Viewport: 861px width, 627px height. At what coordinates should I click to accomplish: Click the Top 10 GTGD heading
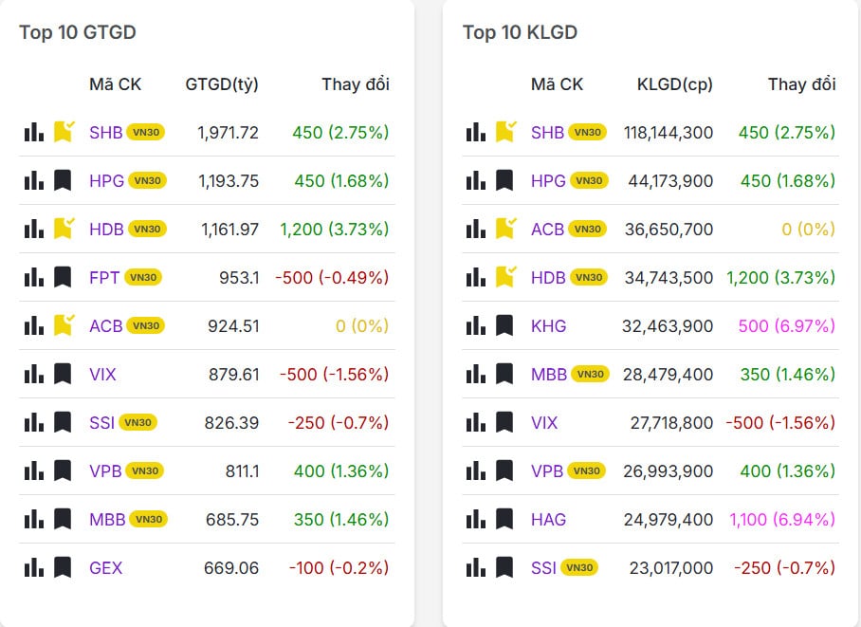[x=78, y=32]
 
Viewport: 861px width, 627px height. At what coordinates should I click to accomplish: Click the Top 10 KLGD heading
[x=520, y=32]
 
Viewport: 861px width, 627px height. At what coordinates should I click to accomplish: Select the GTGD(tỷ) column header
[x=222, y=84]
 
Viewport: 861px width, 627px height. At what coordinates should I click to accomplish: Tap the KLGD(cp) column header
[x=675, y=84]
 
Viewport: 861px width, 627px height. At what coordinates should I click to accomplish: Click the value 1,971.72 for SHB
[x=228, y=133]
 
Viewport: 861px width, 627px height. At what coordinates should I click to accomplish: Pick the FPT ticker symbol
[x=104, y=278]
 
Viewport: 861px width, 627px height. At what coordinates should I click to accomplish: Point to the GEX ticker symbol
[x=106, y=568]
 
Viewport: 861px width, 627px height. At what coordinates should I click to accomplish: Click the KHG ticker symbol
[x=548, y=326]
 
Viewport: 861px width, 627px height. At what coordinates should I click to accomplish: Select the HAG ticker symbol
[x=548, y=520]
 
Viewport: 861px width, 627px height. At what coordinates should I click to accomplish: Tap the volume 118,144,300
[x=669, y=133]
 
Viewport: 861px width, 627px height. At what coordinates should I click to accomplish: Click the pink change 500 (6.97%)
[x=786, y=326]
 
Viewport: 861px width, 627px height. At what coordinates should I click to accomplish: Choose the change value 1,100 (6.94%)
[x=782, y=520]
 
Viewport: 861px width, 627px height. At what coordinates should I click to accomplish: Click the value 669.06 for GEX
[x=231, y=568]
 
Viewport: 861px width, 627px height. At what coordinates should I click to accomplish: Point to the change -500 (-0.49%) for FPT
[x=332, y=278]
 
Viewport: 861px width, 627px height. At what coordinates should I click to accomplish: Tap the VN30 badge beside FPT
[x=143, y=278]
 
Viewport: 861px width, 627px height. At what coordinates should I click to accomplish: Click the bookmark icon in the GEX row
[x=63, y=567]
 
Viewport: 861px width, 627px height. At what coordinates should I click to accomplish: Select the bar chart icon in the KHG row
[x=476, y=325]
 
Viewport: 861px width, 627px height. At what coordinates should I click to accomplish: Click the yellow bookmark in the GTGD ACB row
[x=64, y=325]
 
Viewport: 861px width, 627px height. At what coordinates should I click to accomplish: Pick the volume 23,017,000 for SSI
[x=671, y=568]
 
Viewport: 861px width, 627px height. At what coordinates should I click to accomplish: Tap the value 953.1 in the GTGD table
[x=239, y=278]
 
